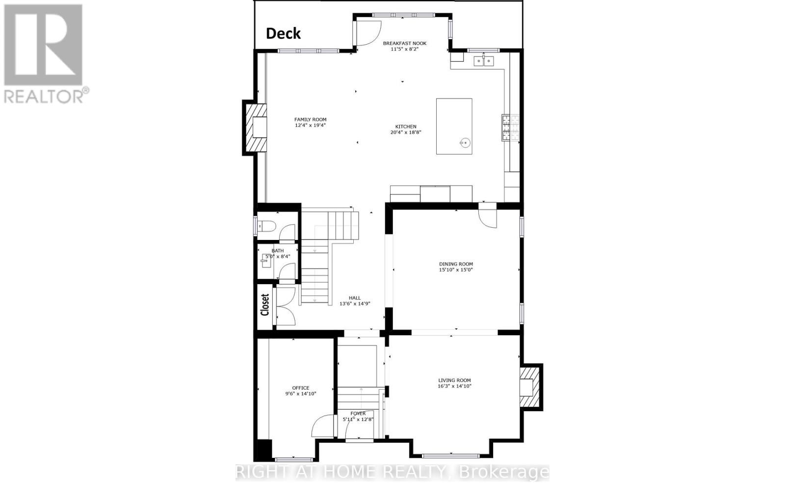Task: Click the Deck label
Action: tap(283, 33)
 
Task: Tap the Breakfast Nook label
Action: tap(404, 43)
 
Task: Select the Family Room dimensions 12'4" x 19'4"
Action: tap(310, 126)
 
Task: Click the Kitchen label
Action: tap(406, 127)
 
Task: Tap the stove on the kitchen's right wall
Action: tap(506, 128)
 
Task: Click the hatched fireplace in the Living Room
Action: tap(530, 387)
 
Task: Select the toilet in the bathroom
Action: tap(268, 227)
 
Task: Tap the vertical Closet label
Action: tap(265, 305)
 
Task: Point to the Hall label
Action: tap(354, 298)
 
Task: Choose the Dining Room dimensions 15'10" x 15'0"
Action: tap(456, 270)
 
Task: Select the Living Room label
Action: tap(454, 380)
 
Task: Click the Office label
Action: tap(301, 388)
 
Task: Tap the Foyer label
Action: tap(358, 413)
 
